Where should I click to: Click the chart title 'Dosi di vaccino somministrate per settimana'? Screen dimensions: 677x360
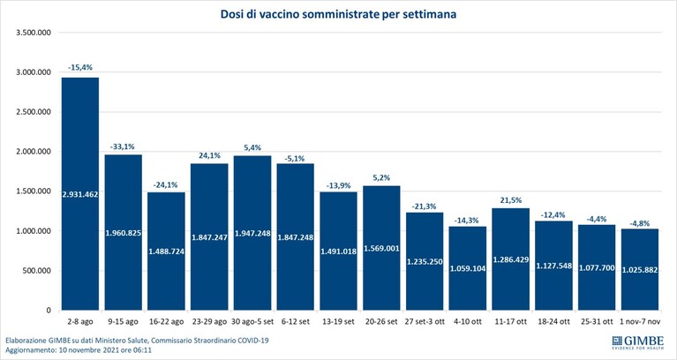(x=339, y=14)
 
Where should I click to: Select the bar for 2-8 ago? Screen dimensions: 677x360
(x=80, y=194)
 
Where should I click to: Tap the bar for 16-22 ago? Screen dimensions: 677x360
(x=166, y=251)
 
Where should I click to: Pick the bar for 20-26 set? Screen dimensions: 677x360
(x=381, y=248)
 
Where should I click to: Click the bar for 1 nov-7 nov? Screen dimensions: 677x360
(x=640, y=269)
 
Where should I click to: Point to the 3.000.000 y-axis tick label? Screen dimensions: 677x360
(x=34, y=72)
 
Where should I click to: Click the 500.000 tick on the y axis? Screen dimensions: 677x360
(x=37, y=271)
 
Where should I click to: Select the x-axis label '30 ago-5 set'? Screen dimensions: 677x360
(x=252, y=321)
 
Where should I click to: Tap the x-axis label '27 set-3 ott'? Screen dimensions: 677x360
(x=425, y=321)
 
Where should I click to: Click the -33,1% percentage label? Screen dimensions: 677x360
(x=124, y=146)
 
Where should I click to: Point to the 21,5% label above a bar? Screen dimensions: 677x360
(x=511, y=200)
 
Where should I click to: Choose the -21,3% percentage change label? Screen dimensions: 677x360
(x=425, y=206)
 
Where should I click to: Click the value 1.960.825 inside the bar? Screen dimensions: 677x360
(x=124, y=233)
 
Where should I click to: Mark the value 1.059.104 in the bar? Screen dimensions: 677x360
(x=468, y=268)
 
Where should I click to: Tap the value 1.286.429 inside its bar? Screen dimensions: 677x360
(x=511, y=260)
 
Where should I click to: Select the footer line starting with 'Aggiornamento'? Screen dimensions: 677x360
(x=79, y=350)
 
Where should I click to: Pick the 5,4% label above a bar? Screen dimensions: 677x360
(x=252, y=147)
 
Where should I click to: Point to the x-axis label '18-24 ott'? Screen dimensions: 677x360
(x=554, y=321)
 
